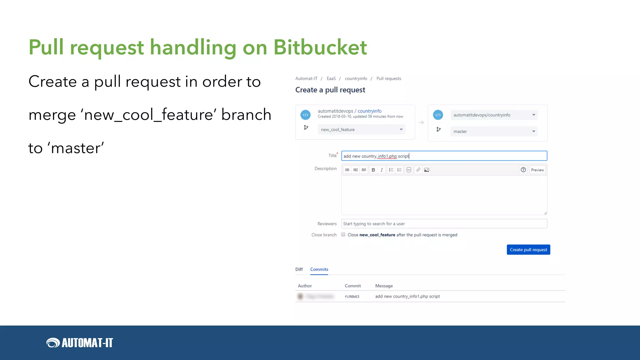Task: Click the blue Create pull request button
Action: pos(528,250)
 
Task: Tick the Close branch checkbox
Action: pos(343,235)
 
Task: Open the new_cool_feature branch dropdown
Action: pos(361,129)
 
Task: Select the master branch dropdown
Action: pos(494,131)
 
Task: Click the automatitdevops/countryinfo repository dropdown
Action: pos(494,115)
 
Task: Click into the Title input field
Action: pos(444,156)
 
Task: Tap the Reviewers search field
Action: pos(444,224)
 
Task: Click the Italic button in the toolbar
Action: pos(382,170)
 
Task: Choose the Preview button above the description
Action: pos(537,170)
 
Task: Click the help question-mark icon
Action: pos(523,170)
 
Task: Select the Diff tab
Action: pos(299,269)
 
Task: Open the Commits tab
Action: pos(319,269)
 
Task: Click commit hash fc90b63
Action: pos(352,297)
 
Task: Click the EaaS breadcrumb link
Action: pos(331,79)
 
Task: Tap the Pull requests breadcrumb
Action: pos(389,79)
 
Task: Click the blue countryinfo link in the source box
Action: pos(369,111)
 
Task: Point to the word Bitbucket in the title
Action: pos(320,47)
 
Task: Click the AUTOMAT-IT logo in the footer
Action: pos(80,343)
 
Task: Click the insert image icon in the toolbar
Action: pos(427,170)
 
